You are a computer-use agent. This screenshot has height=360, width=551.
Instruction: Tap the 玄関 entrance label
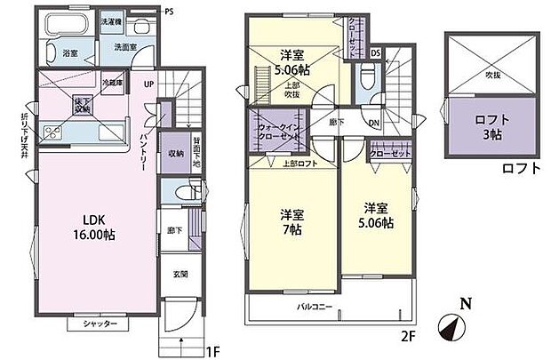pyautogui.click(x=178, y=275)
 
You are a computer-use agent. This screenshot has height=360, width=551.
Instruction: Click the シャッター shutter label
pyautogui.click(x=100, y=324)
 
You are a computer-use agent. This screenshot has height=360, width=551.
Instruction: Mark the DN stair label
pyautogui.click(x=375, y=124)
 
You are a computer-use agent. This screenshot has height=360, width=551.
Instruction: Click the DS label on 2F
pyautogui.click(x=375, y=52)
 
